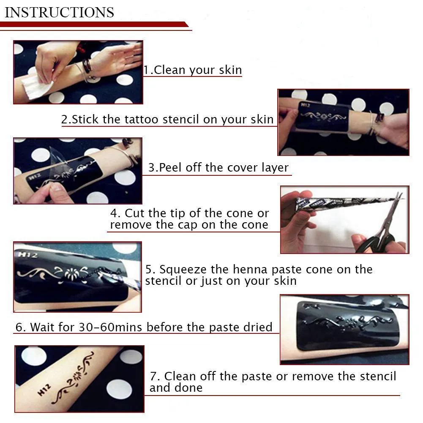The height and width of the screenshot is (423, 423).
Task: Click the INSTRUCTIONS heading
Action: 60,12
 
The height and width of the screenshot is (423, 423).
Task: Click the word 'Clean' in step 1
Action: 169,70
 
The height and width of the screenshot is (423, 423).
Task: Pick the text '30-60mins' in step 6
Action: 110,327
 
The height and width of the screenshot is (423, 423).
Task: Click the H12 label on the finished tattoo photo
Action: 44,390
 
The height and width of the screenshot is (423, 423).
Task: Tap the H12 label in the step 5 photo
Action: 28,254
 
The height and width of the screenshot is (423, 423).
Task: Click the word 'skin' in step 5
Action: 285,281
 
